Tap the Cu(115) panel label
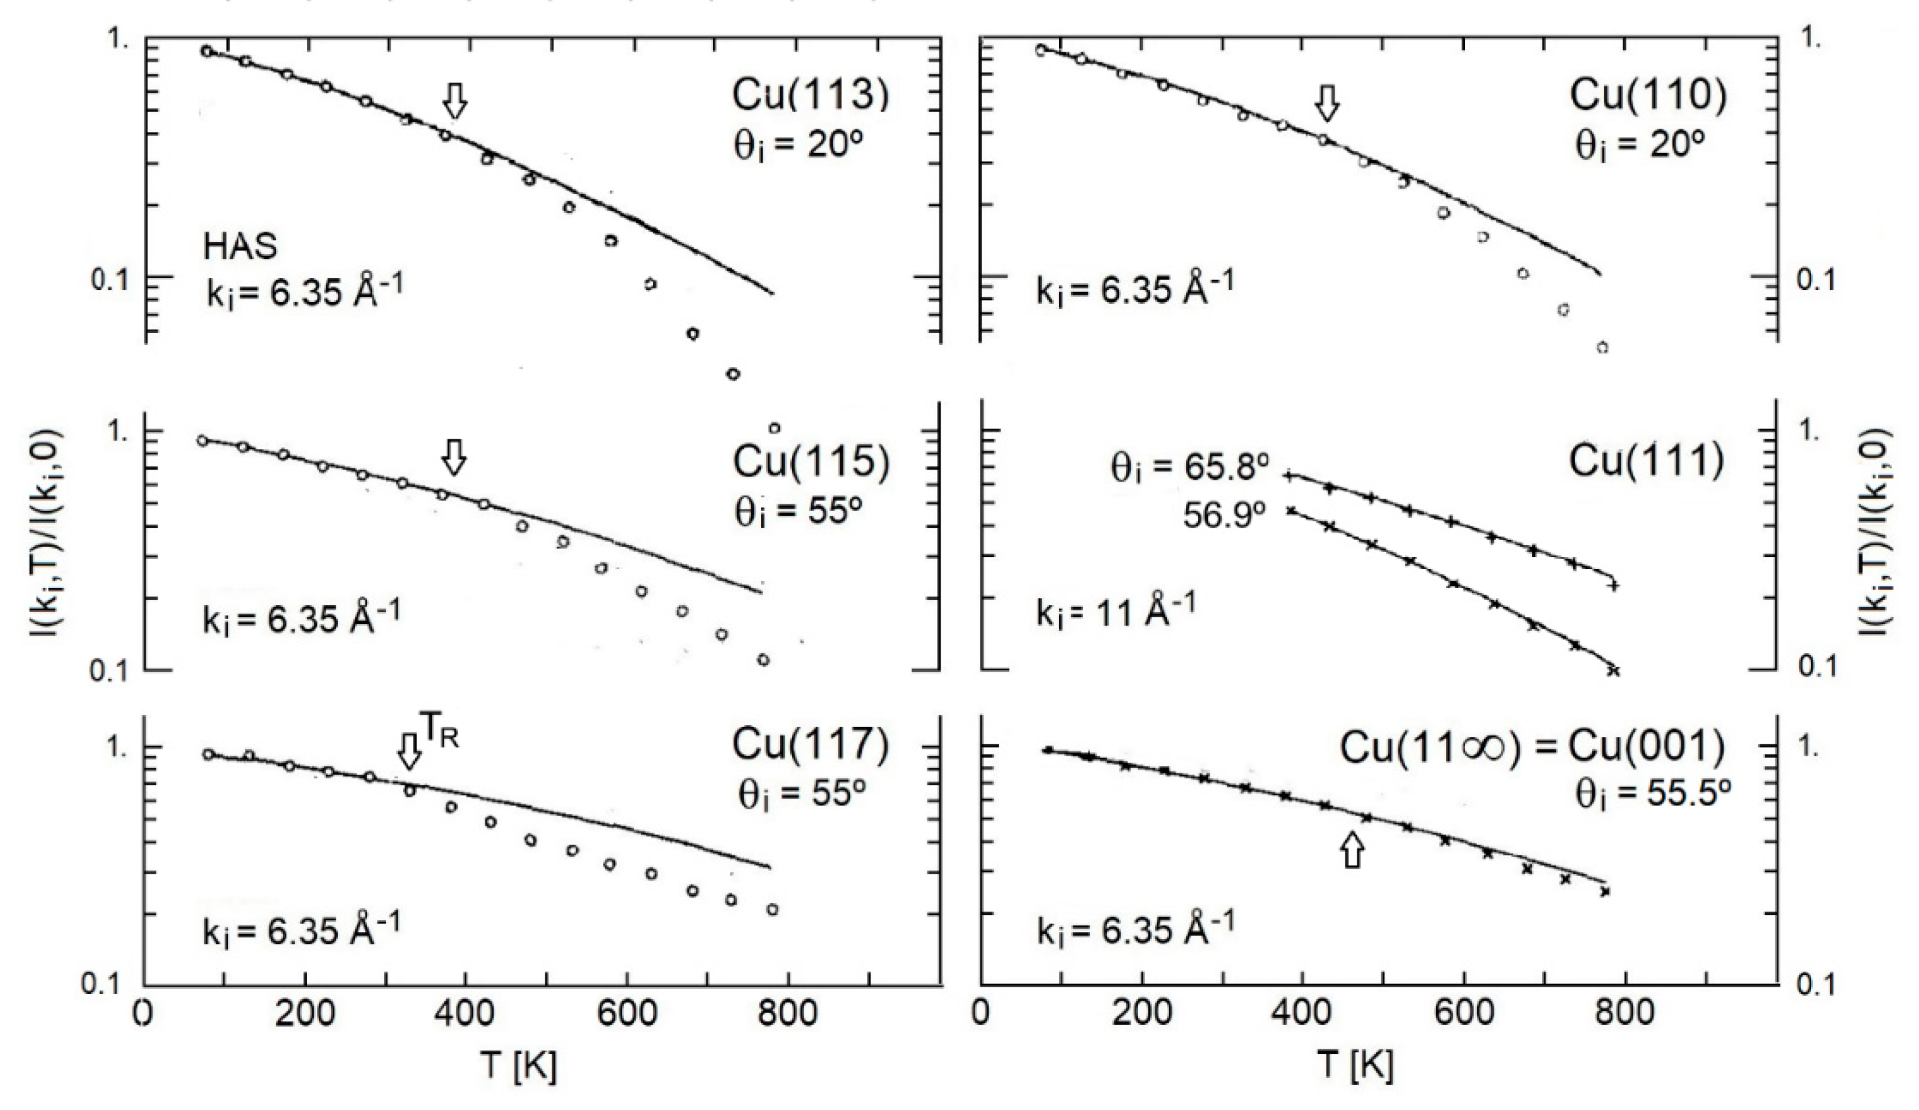pyautogui.click(x=810, y=462)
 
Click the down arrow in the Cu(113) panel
pyautogui.click(x=455, y=99)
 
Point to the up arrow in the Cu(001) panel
pyautogui.click(x=1352, y=850)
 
